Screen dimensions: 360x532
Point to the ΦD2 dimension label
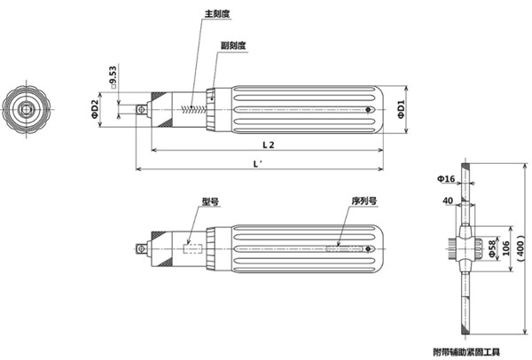click(95, 109)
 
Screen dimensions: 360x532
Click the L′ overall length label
click(257, 164)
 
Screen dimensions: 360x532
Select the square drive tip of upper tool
click(140, 109)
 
